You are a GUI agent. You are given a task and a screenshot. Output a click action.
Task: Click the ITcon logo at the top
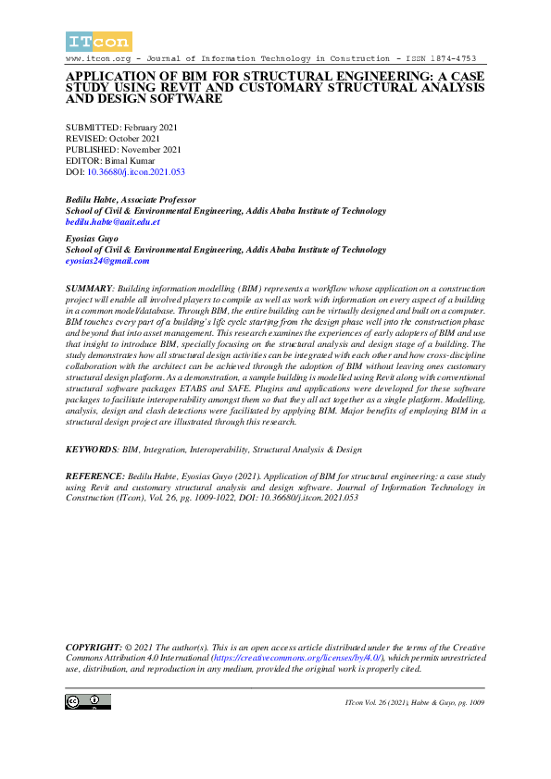point(98,41)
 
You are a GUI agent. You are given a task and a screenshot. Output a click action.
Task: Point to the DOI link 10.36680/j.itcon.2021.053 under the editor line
point(135,172)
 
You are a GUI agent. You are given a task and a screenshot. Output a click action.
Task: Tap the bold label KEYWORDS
point(91,449)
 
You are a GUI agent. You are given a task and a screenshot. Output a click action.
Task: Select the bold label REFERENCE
point(93,474)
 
